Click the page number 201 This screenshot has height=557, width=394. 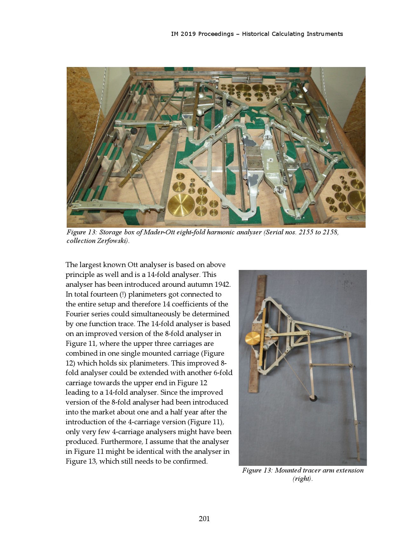(x=204, y=519)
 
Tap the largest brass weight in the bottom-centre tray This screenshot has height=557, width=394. (x=181, y=205)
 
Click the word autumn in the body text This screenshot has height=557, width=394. (x=201, y=285)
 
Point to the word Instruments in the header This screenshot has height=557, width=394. (x=324, y=34)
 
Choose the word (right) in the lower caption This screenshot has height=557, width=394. (x=302, y=479)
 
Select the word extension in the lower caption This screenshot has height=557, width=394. (x=350, y=470)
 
